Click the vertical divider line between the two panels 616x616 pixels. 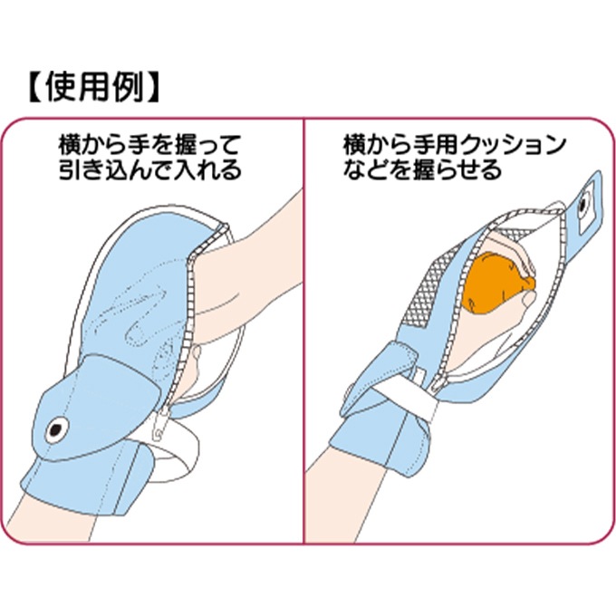[303, 362]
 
